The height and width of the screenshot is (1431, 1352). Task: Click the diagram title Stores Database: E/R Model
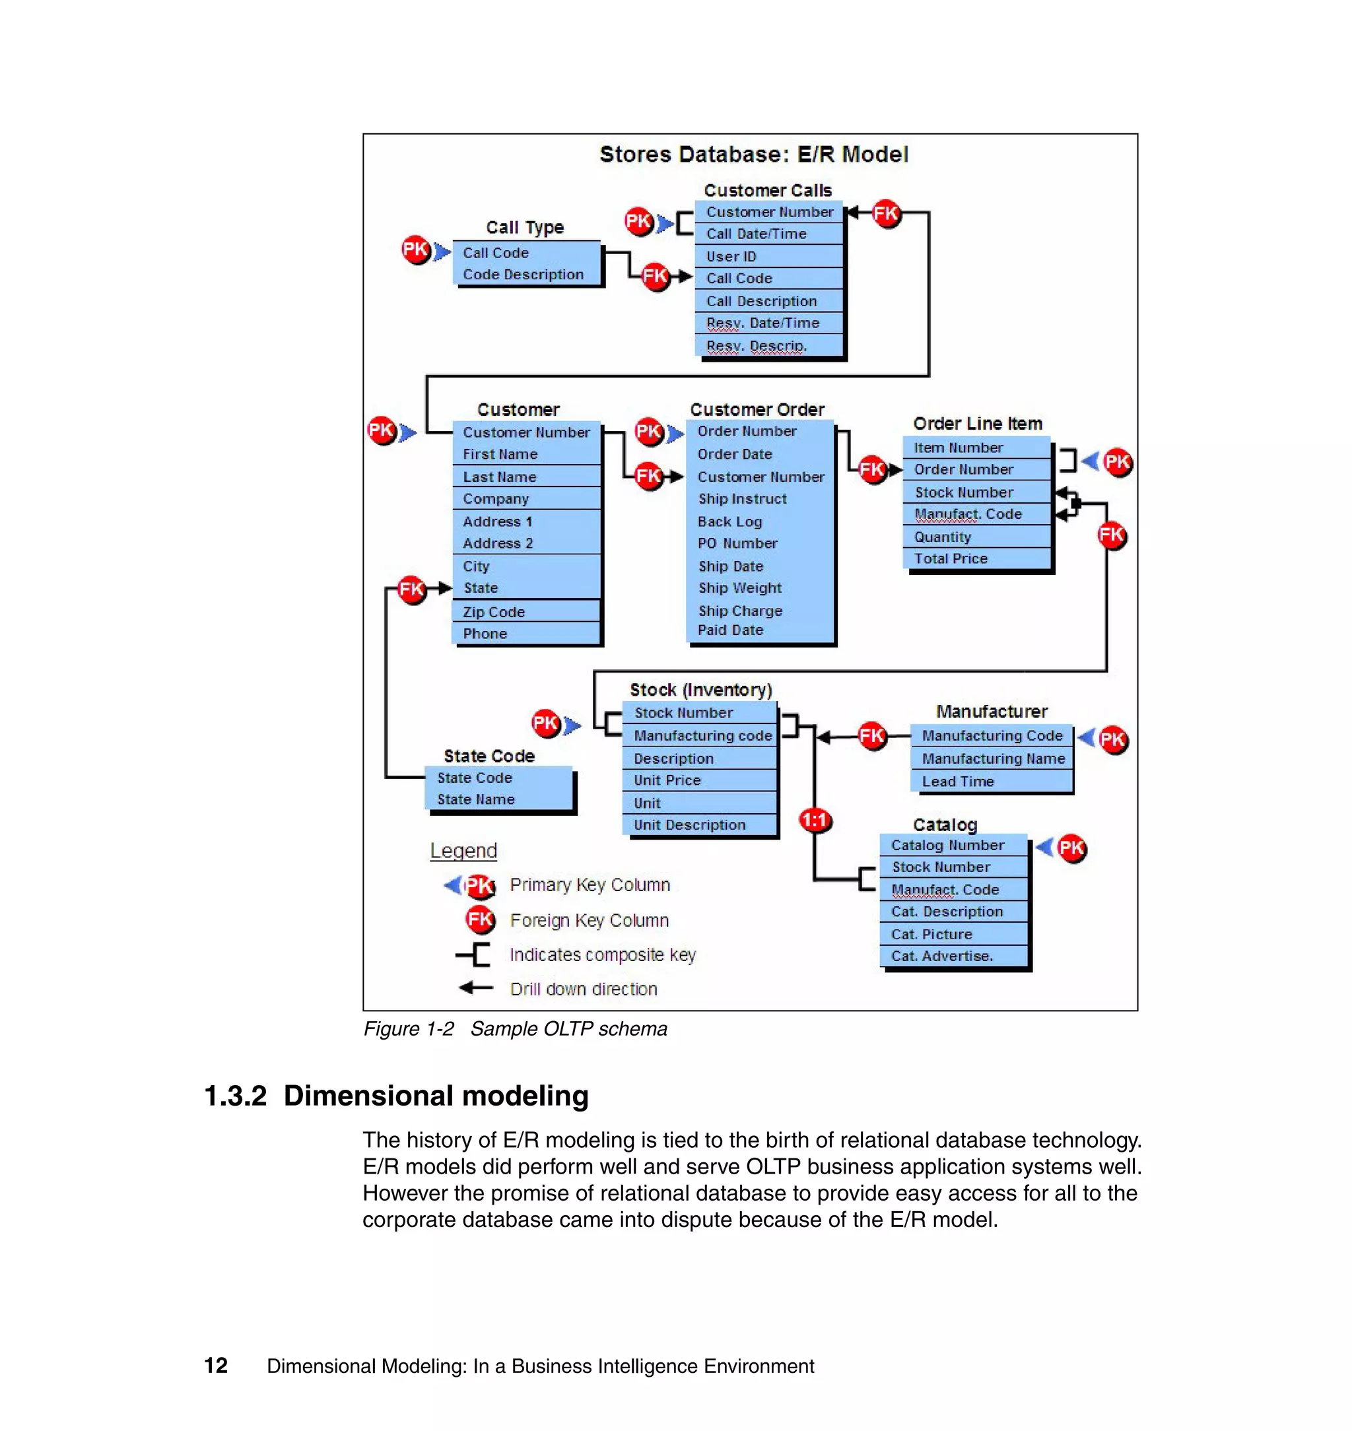coord(753,154)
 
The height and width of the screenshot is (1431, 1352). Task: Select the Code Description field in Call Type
coord(524,275)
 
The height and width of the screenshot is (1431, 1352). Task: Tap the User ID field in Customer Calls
coord(731,257)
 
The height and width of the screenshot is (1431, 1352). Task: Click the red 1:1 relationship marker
coord(815,820)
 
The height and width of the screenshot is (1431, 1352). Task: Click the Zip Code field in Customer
coord(494,612)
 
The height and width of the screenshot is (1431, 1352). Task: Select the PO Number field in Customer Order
coord(737,543)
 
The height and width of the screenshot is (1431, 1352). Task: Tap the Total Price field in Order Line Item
coord(951,558)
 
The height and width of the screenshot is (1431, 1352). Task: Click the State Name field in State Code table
coord(476,799)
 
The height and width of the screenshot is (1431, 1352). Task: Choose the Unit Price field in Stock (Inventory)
coord(667,780)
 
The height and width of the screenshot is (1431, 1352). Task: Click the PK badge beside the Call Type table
coord(416,250)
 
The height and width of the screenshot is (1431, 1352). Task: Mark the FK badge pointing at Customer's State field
coord(411,589)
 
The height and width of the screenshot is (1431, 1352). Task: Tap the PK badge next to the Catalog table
coord(1071,848)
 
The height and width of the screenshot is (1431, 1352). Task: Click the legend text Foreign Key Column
coord(589,920)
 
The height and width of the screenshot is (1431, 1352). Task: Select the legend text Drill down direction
coord(583,989)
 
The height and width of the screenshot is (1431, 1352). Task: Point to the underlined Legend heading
coord(463,850)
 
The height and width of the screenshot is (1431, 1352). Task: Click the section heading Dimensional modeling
coord(435,1095)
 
